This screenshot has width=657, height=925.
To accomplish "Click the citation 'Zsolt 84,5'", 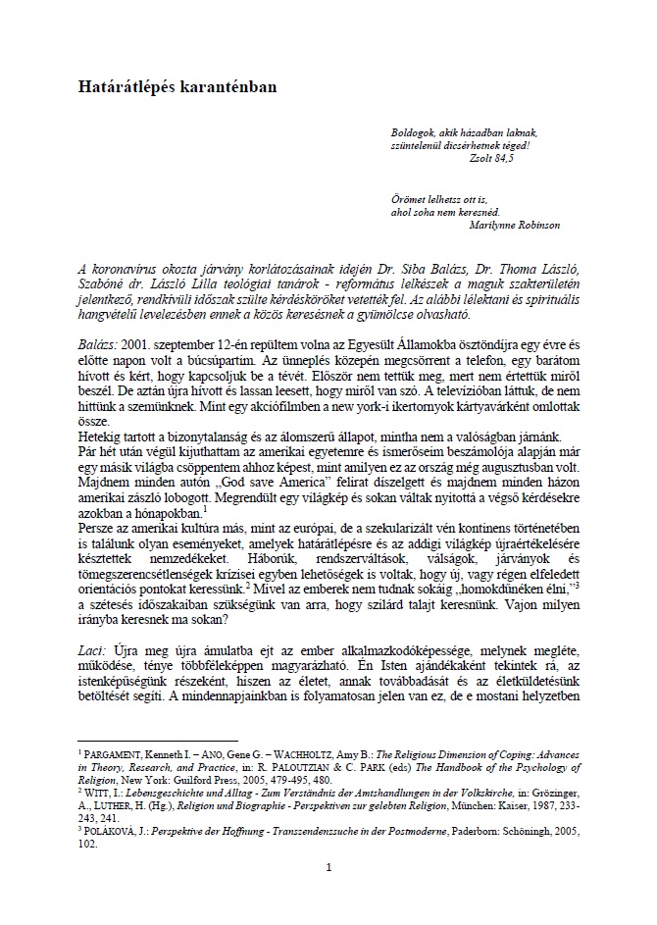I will [493, 156].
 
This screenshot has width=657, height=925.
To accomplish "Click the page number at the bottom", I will [329, 867].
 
